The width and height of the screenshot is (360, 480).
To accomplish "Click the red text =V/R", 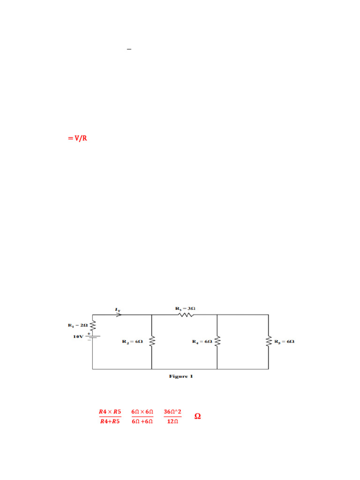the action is click(x=77, y=138).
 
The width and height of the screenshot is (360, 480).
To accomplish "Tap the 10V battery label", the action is click(x=78, y=337).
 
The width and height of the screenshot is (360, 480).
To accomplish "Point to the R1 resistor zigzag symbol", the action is click(x=92, y=325).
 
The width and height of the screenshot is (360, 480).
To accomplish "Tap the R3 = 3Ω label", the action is click(x=185, y=308).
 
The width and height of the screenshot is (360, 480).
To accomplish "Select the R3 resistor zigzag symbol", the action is click(x=186, y=315).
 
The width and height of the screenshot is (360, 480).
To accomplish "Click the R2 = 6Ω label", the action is click(x=133, y=342).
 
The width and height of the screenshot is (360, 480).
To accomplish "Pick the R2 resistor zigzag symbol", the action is click(x=152, y=342).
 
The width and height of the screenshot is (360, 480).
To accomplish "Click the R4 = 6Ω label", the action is click(x=202, y=342).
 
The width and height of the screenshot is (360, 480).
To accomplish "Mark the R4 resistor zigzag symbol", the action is click(x=217, y=342).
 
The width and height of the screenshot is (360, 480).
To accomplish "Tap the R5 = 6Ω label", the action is click(x=285, y=342).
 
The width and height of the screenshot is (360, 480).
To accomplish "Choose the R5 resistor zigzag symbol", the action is click(x=269, y=342).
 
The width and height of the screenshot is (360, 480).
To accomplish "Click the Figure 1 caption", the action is click(x=181, y=376).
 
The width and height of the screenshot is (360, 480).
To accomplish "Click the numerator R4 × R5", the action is click(x=110, y=412).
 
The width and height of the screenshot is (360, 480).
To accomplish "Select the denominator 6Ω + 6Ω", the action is click(x=142, y=421).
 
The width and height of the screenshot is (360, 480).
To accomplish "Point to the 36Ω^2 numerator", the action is click(x=172, y=412).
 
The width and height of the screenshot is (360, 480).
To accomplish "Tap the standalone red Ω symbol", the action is click(x=197, y=416).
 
